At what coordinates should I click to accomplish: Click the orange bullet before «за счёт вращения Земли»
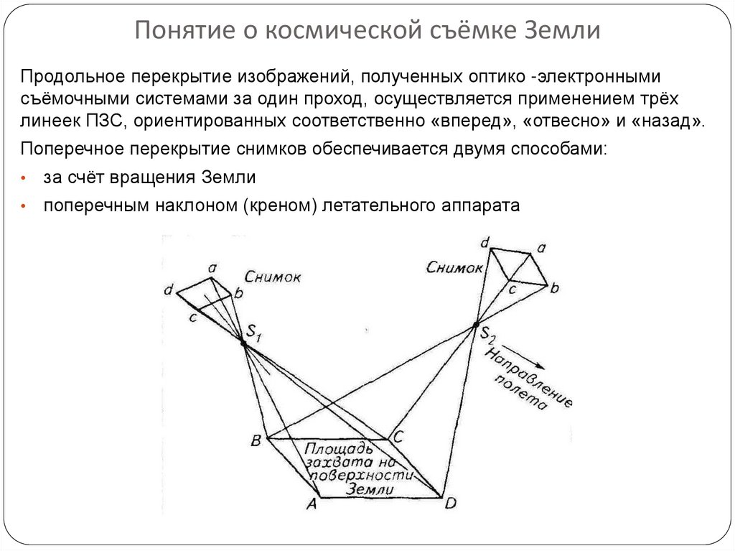(24, 178)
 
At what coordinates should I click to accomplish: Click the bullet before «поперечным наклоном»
(24, 206)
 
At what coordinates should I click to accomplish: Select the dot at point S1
(244, 344)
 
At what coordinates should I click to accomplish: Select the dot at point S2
(476, 326)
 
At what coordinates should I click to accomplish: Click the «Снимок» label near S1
(272, 277)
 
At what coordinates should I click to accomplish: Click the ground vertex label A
(312, 504)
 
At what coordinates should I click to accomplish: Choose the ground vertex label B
(255, 440)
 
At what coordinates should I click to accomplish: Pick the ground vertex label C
(399, 435)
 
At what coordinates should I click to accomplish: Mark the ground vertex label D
(449, 503)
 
